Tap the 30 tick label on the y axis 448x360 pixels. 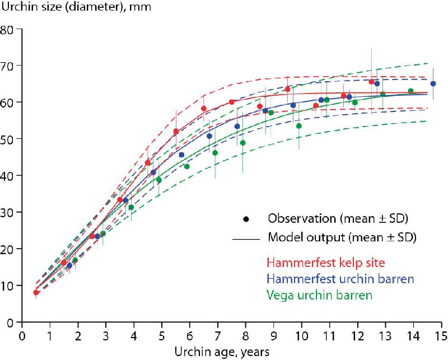tap(9, 212)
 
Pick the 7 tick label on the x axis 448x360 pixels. tap(218, 336)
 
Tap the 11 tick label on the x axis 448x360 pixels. tap(329, 336)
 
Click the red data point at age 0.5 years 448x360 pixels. tap(36, 292)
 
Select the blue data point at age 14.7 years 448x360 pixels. tap(433, 84)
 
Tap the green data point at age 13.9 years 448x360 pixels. tap(410, 91)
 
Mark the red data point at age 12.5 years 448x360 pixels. tap(371, 82)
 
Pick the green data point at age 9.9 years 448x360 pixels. tap(299, 126)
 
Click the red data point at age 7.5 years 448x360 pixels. tap(232, 102)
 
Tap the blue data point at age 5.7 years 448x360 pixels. tap(181, 155)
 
